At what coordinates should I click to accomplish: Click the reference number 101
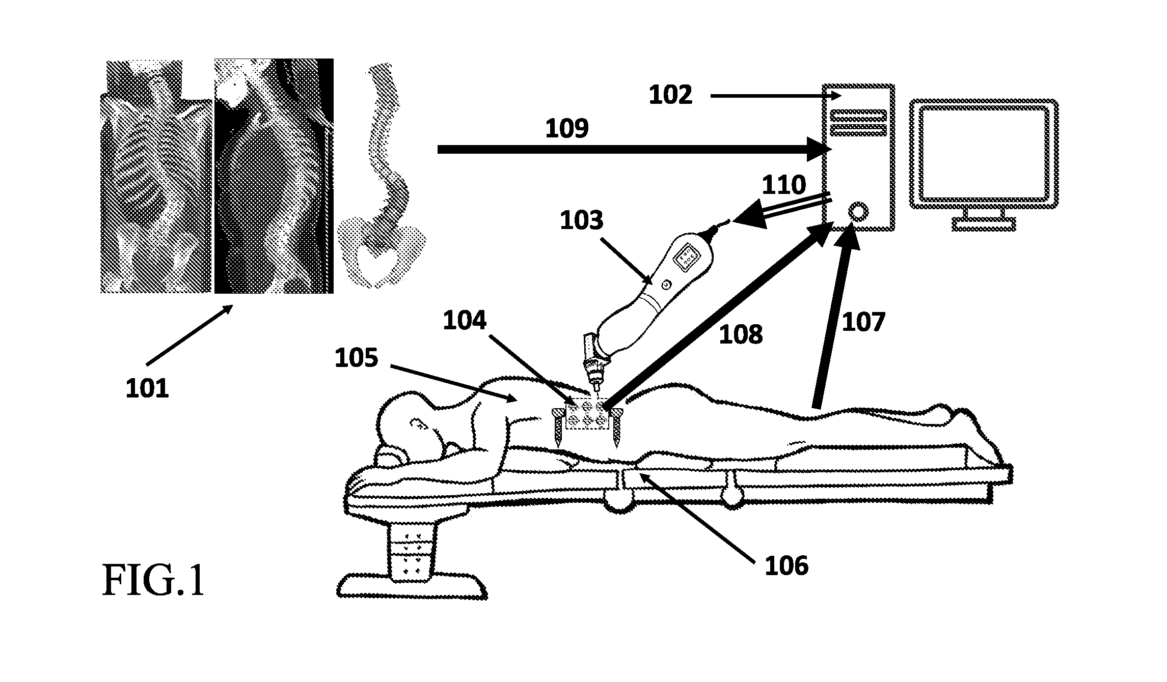[147, 389]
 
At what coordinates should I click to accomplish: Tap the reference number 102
[670, 95]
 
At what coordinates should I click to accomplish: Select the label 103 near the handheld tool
[582, 221]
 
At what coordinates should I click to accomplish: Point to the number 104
[465, 321]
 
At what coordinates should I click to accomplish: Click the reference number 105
[357, 358]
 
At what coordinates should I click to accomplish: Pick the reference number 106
[786, 566]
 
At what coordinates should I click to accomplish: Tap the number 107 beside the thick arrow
[864, 322]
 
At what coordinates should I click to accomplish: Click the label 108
[741, 335]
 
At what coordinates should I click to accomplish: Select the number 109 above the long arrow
[567, 129]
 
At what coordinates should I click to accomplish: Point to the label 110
[784, 185]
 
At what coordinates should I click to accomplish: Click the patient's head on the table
[410, 421]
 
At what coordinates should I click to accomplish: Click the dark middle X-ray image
[274, 176]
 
